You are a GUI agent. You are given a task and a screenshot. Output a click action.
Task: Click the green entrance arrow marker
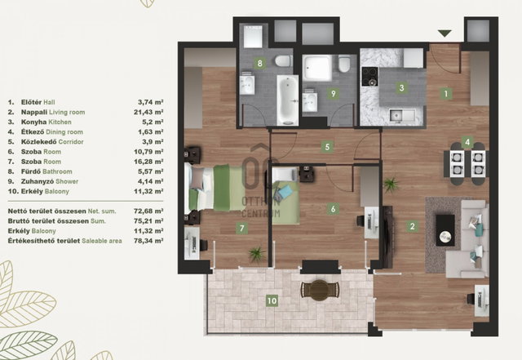click(x=445, y=33)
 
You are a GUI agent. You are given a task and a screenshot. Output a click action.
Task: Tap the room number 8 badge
click(x=259, y=63)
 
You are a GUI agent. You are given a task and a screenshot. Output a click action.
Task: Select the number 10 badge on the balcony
click(x=272, y=301)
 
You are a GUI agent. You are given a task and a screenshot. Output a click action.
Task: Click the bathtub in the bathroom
click(x=288, y=100)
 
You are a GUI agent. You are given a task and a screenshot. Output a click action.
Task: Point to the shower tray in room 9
click(x=317, y=69)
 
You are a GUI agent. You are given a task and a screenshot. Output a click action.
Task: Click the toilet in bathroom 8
click(x=283, y=61)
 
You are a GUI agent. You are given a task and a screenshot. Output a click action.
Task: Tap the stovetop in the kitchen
click(x=370, y=77)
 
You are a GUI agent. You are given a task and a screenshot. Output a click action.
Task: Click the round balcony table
click(x=319, y=290)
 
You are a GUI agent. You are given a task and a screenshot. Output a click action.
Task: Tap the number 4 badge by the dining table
click(x=467, y=142)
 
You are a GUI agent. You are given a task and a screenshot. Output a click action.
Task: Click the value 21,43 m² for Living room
click(x=148, y=113)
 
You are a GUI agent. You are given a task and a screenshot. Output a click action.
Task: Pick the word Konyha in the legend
click(x=34, y=122)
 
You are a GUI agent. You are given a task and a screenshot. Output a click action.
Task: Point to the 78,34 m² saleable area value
click(x=148, y=241)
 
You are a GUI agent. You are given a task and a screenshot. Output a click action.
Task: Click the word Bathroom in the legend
click(x=57, y=171)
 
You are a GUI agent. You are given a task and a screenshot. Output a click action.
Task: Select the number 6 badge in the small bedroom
click(x=333, y=209)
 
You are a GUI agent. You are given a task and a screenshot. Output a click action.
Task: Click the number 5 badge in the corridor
click(x=327, y=147)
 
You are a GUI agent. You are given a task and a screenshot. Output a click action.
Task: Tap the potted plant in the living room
click(x=391, y=184)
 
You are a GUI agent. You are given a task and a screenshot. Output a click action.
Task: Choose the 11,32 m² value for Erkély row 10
click(x=148, y=191)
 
